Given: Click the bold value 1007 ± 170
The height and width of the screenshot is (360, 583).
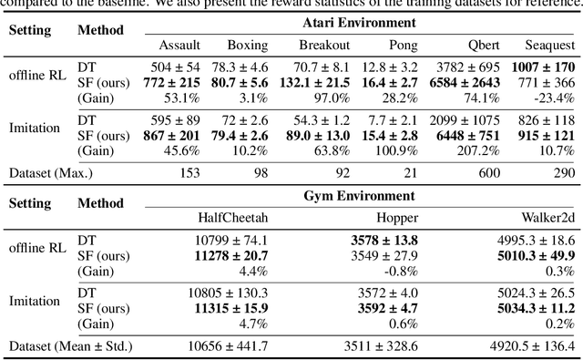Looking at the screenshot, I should point(542,67).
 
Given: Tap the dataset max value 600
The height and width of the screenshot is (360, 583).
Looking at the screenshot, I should point(486,172).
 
